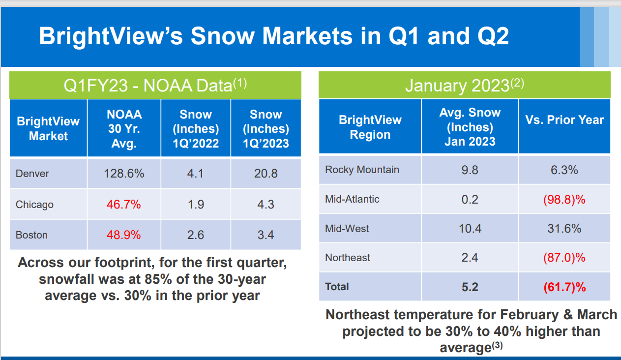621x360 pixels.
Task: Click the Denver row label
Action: [x=32, y=173]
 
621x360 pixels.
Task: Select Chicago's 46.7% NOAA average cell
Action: [x=124, y=204]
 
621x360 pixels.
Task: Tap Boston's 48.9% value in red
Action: [x=124, y=235]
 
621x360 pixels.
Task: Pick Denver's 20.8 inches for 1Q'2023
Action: [x=266, y=173]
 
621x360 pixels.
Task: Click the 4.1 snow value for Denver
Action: [x=196, y=173]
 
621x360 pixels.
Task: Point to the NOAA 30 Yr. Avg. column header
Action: [x=124, y=129]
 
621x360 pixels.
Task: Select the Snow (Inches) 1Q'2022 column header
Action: [x=196, y=129]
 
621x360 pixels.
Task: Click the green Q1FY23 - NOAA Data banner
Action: [x=155, y=86]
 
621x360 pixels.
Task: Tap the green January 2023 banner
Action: [x=464, y=86]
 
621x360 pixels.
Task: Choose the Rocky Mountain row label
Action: [x=362, y=170]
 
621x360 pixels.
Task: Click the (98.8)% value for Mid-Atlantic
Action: [x=564, y=199]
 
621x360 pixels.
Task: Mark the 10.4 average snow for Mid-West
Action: [x=470, y=228]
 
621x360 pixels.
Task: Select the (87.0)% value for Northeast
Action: [x=564, y=258]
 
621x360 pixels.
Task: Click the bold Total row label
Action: [x=337, y=287]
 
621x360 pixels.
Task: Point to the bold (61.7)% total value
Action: [x=564, y=287]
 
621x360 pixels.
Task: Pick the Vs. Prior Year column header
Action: [x=564, y=120]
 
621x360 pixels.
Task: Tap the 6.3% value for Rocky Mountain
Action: [x=564, y=170]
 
